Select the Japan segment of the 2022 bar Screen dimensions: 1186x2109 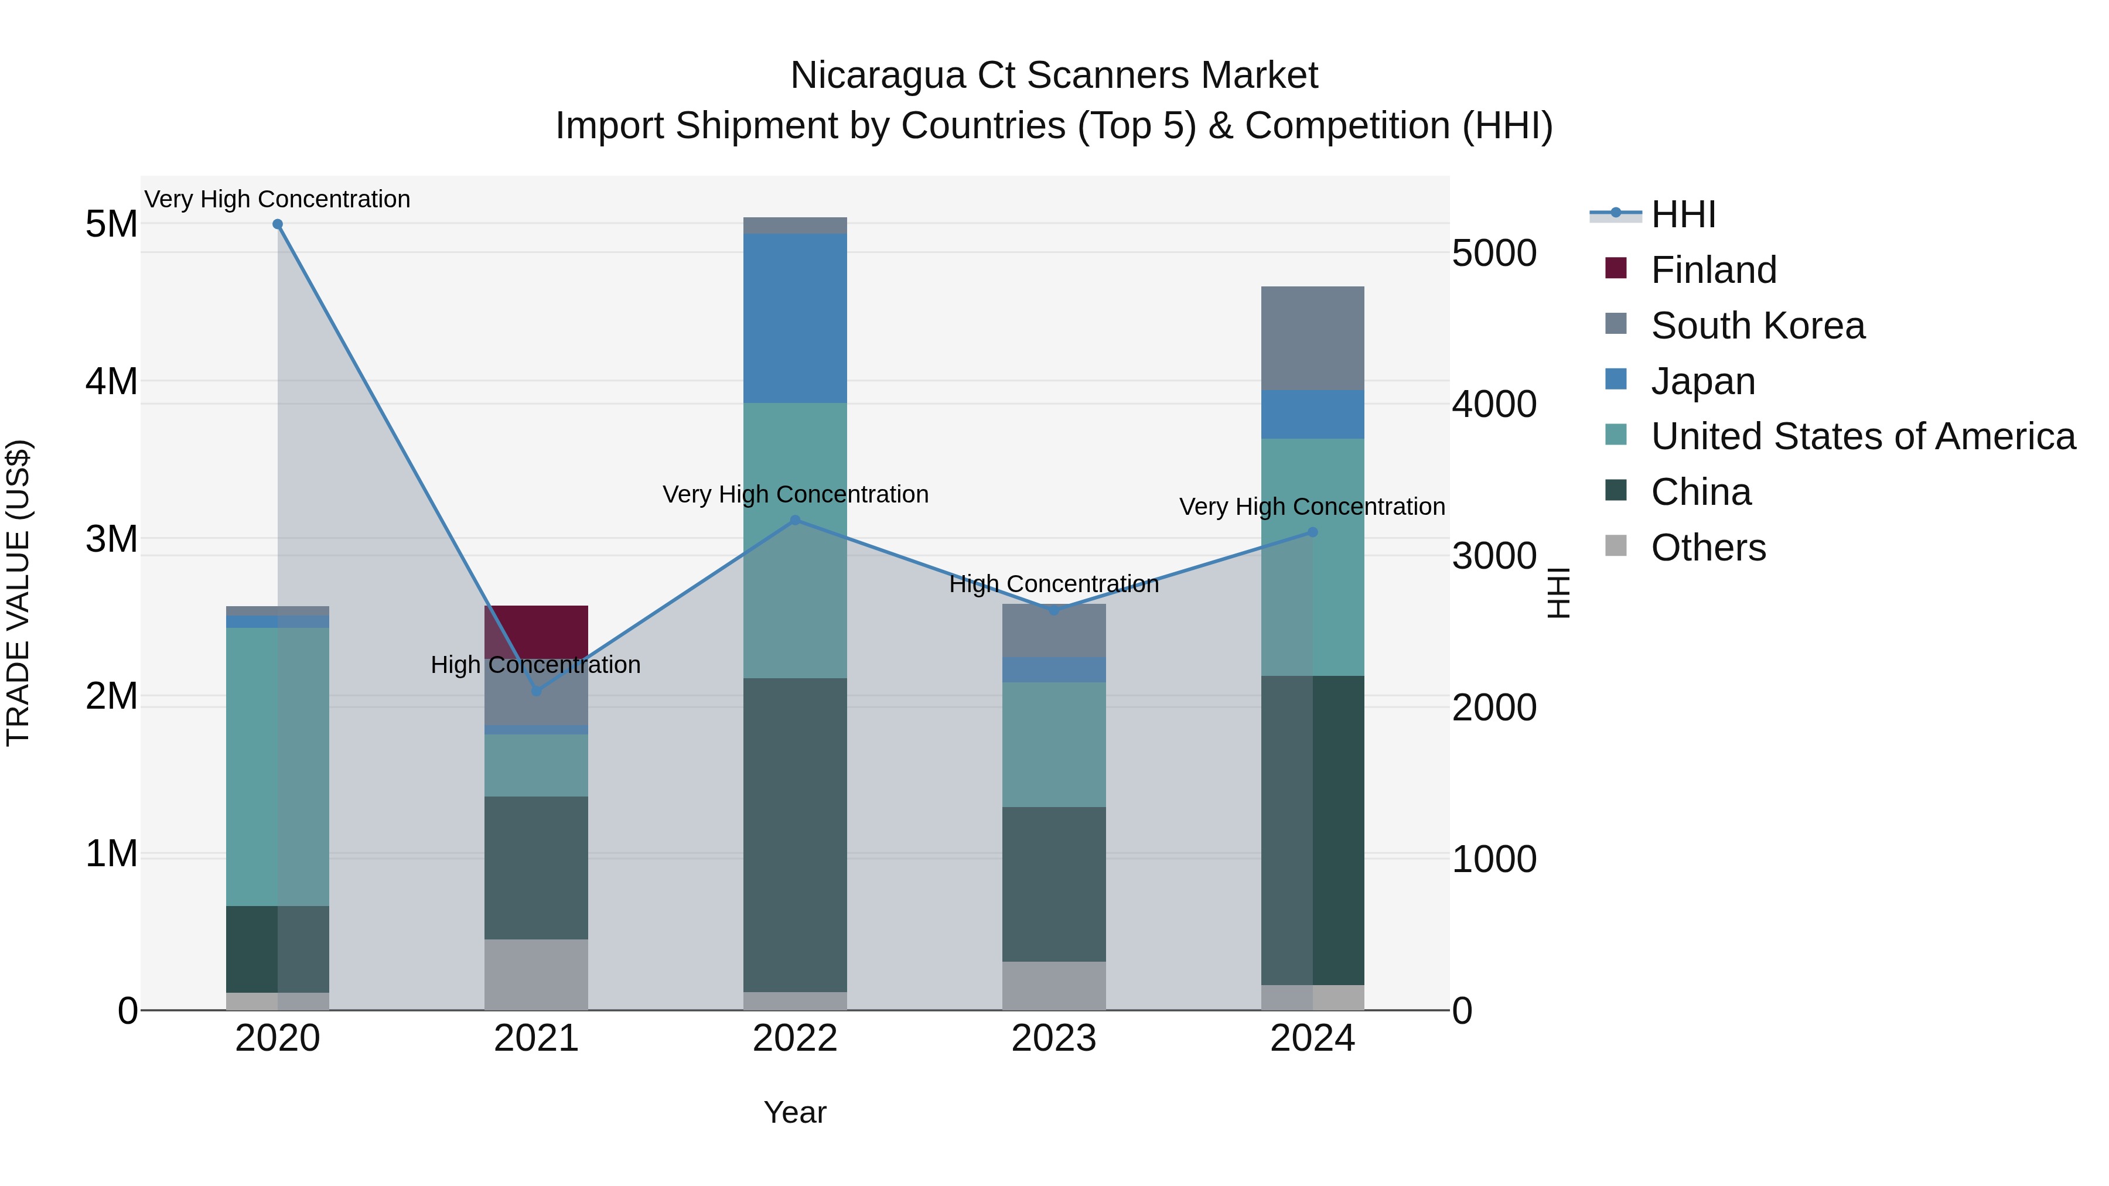pos(795,317)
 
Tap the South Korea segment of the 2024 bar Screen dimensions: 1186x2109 pos(1312,338)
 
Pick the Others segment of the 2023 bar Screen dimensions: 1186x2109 pos(1054,986)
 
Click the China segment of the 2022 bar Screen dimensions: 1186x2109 pos(795,835)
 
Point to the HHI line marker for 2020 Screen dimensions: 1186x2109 pos(278,224)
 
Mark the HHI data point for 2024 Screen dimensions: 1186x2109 pos(1312,532)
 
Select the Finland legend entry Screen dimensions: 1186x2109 pos(1714,270)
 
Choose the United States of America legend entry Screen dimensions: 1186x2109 pos(1862,436)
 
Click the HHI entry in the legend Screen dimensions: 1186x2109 pos(1683,214)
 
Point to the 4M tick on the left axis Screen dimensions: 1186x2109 pos(111,381)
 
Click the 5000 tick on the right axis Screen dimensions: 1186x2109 pos(1494,253)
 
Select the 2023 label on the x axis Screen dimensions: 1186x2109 pos(1054,1038)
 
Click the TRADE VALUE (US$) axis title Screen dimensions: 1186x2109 pos(19,593)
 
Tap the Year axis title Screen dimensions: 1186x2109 pos(795,1112)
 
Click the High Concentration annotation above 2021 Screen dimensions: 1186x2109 pos(535,665)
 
